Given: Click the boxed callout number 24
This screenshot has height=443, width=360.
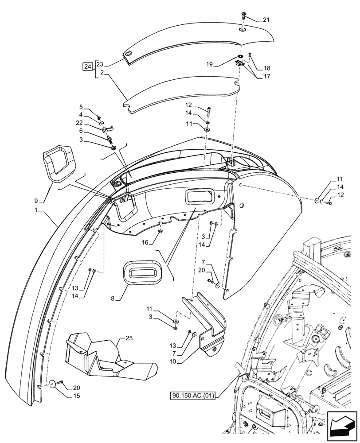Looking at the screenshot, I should (x=88, y=67).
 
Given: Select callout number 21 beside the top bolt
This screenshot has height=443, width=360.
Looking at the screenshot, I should (x=266, y=19).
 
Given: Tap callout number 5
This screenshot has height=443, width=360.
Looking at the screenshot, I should (x=81, y=107).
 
